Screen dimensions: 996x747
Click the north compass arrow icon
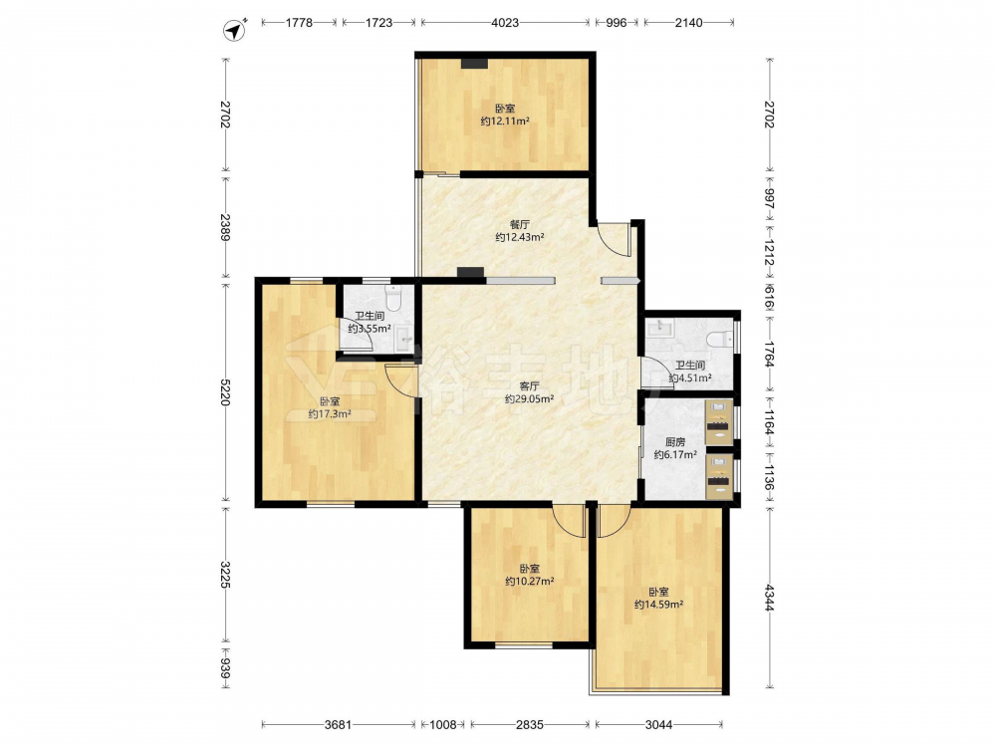(x=235, y=30)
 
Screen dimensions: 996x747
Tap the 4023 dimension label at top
(x=505, y=23)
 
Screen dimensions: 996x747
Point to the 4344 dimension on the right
(x=770, y=598)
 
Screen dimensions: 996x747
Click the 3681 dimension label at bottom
(x=338, y=724)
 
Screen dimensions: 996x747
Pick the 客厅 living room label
(x=529, y=385)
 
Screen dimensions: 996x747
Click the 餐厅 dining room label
(x=520, y=224)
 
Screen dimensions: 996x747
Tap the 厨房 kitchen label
(x=675, y=441)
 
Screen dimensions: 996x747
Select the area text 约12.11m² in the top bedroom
(x=505, y=121)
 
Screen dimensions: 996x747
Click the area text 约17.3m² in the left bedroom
(x=331, y=414)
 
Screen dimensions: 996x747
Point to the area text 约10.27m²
(x=529, y=581)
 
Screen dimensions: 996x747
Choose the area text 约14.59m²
(x=658, y=605)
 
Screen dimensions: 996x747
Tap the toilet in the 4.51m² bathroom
(x=720, y=339)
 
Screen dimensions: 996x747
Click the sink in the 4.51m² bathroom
(x=660, y=328)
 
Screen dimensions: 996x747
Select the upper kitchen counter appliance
(x=719, y=422)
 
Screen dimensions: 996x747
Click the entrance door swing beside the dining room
(x=613, y=239)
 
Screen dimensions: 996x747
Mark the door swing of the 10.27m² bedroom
(x=569, y=520)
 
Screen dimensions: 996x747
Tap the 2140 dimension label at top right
(x=688, y=23)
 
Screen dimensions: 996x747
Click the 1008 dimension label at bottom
(x=443, y=724)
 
